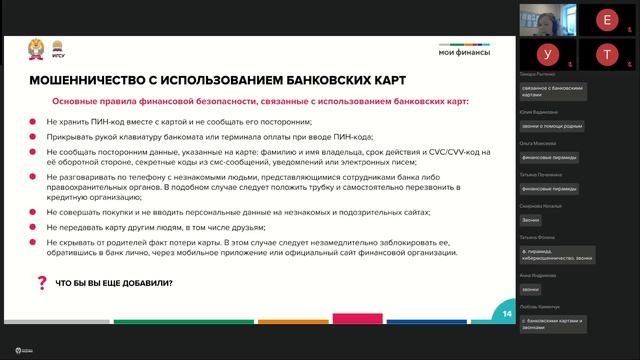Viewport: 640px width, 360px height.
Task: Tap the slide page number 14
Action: point(507,314)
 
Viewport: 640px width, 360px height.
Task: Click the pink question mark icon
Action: point(41,283)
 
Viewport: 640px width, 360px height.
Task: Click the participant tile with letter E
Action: point(603,19)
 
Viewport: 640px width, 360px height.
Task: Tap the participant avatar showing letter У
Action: point(547,53)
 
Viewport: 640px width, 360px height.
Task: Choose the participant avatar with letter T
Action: point(603,53)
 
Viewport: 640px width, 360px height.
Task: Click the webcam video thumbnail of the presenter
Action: point(547,19)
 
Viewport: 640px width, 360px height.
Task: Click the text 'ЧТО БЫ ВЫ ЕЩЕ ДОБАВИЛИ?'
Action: point(113,284)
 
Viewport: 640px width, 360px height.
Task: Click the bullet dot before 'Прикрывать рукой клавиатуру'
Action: point(36,137)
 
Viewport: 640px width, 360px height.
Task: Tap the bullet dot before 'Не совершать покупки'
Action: point(36,212)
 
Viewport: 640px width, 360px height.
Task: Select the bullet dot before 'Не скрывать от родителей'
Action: point(36,242)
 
